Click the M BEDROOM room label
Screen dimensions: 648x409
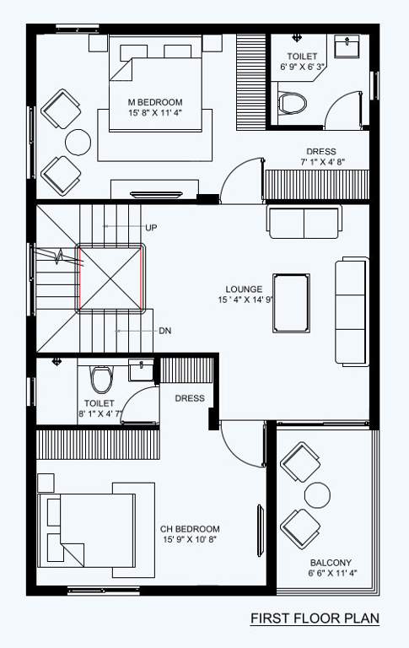coord(156,102)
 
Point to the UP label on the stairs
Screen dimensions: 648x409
coord(151,228)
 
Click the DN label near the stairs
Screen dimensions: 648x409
coord(164,331)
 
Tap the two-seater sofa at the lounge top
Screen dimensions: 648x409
coord(304,220)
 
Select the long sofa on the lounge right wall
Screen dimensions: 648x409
coord(352,311)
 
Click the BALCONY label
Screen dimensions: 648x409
coord(331,563)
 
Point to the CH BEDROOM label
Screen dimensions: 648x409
coord(190,529)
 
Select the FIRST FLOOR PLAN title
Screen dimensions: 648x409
coord(315,619)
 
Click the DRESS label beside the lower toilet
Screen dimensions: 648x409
coord(190,398)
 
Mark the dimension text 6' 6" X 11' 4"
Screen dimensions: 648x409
coord(331,574)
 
